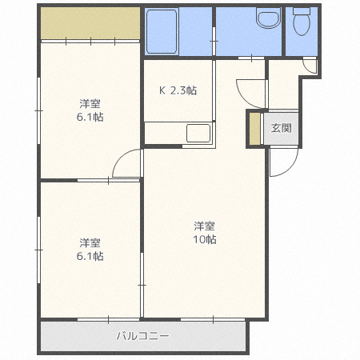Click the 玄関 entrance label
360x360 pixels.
click(x=281, y=129)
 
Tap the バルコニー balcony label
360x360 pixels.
click(x=142, y=337)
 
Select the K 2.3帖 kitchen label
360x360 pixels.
click(x=178, y=90)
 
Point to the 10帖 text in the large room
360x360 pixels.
click(x=205, y=240)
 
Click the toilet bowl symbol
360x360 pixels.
click(x=301, y=23)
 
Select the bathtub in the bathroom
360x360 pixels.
click(x=164, y=32)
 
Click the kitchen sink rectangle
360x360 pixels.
click(x=198, y=133)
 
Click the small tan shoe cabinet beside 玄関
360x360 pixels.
click(x=255, y=129)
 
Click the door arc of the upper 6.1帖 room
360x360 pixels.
click(x=127, y=165)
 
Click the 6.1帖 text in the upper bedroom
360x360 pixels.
click(x=90, y=117)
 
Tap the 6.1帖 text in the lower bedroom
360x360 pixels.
click(x=90, y=257)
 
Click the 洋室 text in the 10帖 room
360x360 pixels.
click(x=205, y=225)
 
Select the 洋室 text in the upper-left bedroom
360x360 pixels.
click(x=90, y=103)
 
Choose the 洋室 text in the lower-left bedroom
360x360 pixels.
click(x=90, y=242)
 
